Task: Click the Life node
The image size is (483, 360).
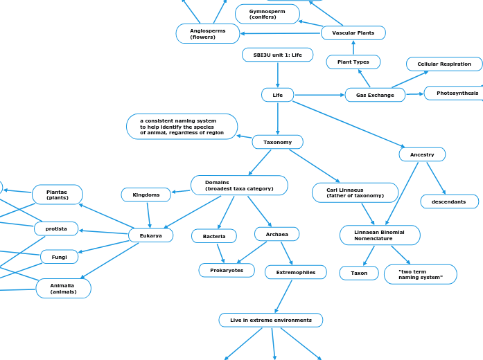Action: coord(277,95)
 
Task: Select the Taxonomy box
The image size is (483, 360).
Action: coord(277,142)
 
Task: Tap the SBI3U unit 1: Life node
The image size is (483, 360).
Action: coord(277,55)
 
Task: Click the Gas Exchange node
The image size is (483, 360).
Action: coord(375,95)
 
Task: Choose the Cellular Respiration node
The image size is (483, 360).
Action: coord(444,64)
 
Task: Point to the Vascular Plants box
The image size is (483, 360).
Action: coord(353,33)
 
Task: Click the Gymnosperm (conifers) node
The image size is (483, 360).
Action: coord(267,14)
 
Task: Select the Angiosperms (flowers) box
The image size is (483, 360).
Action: coord(208,33)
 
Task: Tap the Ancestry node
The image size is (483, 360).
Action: coord(422,154)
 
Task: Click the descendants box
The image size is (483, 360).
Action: coord(449,201)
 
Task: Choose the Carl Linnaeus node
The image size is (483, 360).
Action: coord(355,192)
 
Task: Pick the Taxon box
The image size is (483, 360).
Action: coord(359,273)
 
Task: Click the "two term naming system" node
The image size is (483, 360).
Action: coord(420,274)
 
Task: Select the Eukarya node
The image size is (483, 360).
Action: coord(150,235)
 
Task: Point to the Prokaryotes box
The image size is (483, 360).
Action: coord(227,270)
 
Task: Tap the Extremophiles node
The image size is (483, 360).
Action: coord(295,272)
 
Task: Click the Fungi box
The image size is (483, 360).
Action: coord(60,257)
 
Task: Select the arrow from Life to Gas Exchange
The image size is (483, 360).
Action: coord(319,95)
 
